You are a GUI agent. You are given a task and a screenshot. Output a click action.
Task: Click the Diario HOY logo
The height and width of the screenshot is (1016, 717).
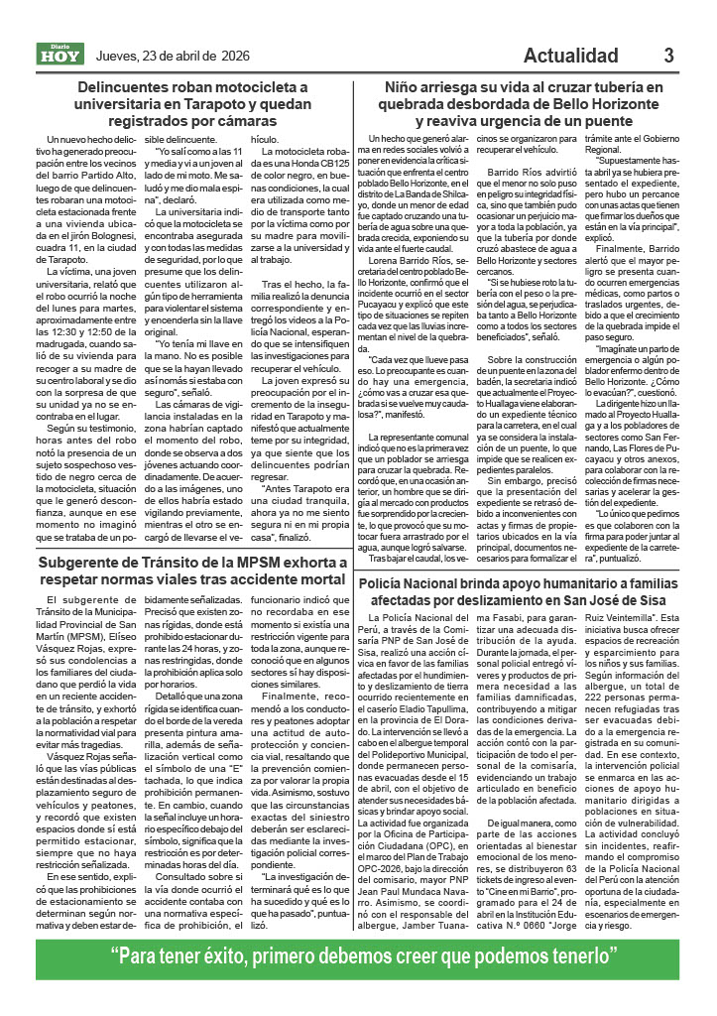point(61,54)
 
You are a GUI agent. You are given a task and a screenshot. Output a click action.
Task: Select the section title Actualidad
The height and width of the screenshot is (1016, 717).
point(577,55)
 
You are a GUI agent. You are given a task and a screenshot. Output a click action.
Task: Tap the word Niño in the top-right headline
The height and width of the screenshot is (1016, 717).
point(405,87)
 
